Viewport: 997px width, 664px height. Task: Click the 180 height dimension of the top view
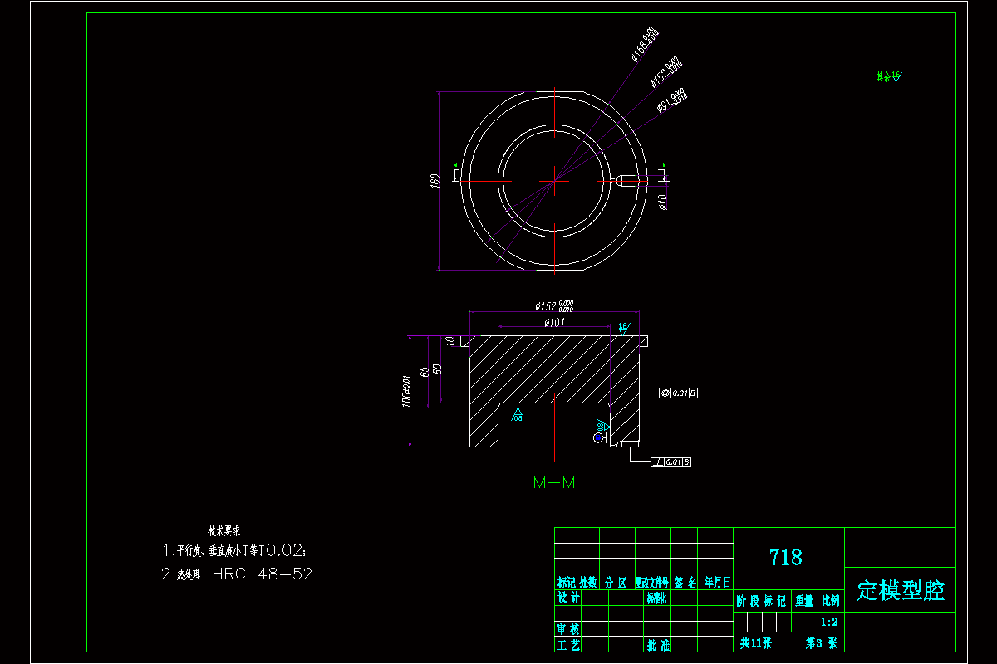click(434, 181)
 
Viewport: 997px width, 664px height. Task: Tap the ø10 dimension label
click(663, 202)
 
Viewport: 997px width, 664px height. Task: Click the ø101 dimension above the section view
click(554, 322)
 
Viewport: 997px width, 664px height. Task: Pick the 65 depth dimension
click(425, 370)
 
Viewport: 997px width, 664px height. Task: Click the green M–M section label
click(554, 482)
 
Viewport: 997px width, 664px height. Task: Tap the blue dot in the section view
click(597, 437)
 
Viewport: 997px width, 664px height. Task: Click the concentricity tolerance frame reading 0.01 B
click(678, 392)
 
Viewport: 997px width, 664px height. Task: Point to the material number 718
click(786, 557)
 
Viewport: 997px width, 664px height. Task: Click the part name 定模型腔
click(901, 590)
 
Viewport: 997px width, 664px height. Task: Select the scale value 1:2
click(828, 622)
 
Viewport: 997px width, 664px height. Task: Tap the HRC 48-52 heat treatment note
click(263, 574)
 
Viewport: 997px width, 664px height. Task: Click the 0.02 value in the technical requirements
click(287, 549)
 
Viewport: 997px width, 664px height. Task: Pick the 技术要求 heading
click(223, 530)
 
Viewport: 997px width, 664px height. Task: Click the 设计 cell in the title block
click(567, 598)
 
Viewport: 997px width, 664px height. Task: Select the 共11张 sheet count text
click(756, 642)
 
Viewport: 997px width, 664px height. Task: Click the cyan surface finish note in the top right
click(888, 77)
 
